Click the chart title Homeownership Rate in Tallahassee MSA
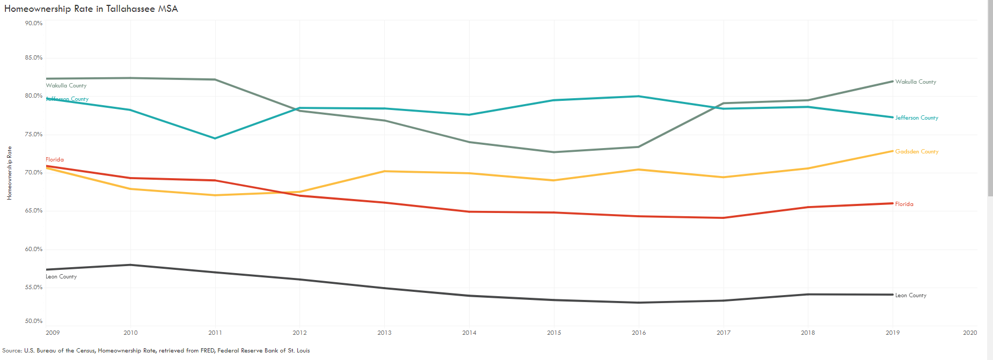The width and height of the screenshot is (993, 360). click(91, 9)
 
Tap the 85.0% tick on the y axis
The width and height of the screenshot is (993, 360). click(33, 57)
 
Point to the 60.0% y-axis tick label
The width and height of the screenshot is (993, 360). click(33, 249)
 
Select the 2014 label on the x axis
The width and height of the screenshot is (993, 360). click(469, 333)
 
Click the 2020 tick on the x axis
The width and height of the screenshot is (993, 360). click(969, 333)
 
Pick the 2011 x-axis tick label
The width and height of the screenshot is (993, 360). click(215, 333)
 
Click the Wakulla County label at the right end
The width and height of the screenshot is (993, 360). click(915, 82)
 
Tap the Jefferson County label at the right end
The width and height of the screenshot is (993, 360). click(916, 117)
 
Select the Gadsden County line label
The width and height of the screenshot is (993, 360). click(916, 151)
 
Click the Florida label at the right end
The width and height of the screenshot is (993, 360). click(904, 204)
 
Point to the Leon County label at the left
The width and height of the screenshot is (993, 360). click(61, 276)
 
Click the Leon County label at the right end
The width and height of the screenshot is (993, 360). click(910, 295)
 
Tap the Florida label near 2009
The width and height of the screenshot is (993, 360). click(55, 159)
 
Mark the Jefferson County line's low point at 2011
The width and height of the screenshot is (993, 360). click(215, 138)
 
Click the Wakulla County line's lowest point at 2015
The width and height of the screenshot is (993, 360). click(554, 152)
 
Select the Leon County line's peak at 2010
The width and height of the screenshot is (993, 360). click(130, 265)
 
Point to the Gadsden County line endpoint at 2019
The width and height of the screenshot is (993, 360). click(893, 151)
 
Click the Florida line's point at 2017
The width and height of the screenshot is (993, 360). click(724, 218)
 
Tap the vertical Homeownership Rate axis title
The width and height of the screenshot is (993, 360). click(9, 173)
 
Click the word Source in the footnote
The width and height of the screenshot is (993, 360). click(12, 350)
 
